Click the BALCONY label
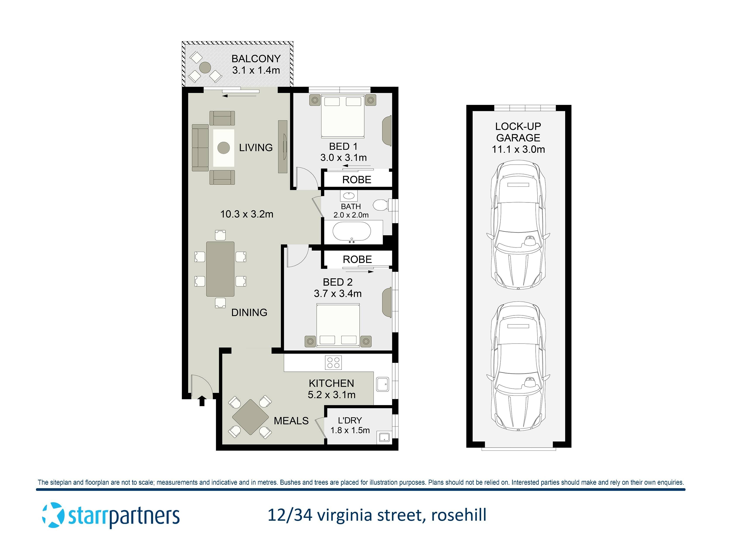pos(256,59)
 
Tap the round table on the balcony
pos(205,68)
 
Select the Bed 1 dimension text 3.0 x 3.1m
pos(343,158)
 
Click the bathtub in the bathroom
pos(352,231)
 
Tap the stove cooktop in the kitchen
pos(333,363)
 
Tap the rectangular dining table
pos(220,269)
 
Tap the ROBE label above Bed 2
pos(357,259)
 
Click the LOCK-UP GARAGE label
pos(518,132)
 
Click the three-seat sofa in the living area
pos(200,148)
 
